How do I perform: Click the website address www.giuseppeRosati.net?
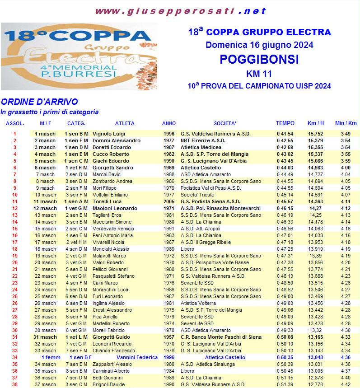180,11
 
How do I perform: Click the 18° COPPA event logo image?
79,56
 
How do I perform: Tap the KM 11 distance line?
259,73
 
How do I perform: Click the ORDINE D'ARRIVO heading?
39,102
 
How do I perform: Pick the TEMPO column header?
285,123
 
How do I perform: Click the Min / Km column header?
346,123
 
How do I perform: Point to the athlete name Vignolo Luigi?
109,134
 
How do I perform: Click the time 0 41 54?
285,134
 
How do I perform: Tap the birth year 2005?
169,201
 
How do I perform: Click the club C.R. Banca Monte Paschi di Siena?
221,337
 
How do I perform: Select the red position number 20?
14,262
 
